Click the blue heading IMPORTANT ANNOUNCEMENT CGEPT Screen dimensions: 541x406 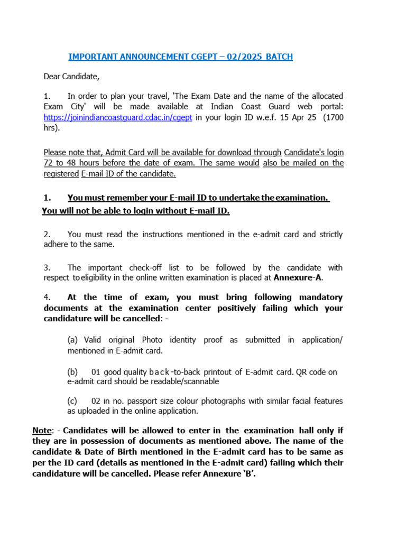[181, 57]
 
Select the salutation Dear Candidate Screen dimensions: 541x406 [71, 77]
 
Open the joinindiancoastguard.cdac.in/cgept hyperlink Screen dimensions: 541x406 [118, 117]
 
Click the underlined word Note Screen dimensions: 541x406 [42, 431]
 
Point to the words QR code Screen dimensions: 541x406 [313, 372]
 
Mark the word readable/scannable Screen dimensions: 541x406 [185, 381]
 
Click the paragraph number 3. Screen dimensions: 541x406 [47, 268]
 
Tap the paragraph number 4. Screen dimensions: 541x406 [47, 297]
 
